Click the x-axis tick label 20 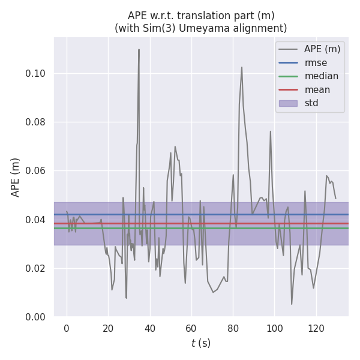coord(108,328)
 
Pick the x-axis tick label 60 coord(191,328)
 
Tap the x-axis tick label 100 coord(275,328)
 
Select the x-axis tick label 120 coord(316,328)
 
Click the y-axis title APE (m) coord(16,177)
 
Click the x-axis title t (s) coord(200,343)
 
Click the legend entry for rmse coord(316,62)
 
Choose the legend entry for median coord(321,76)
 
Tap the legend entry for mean coord(317,90)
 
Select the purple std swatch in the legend coord(288,103)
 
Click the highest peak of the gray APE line coord(139,50)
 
